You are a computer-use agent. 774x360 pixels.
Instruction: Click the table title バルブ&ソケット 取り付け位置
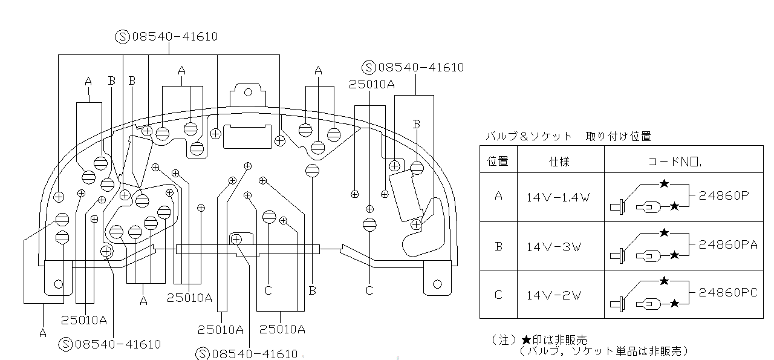point(568,137)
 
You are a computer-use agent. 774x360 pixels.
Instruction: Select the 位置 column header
point(498,162)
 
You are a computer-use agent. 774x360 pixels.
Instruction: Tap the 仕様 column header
point(559,162)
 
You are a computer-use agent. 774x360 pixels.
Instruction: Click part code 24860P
point(724,195)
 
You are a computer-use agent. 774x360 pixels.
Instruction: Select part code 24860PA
point(728,244)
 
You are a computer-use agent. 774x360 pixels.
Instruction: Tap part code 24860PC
point(728,293)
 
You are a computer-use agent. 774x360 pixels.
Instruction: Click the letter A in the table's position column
point(498,197)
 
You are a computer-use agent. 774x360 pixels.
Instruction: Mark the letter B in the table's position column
point(498,246)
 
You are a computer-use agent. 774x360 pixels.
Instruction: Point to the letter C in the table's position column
point(498,295)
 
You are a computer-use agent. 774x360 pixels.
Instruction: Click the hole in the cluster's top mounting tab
point(246,93)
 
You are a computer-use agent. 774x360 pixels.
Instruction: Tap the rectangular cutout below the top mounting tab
point(248,136)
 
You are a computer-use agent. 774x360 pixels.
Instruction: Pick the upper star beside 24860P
point(664,183)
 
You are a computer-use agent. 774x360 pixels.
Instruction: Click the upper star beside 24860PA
point(664,232)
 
